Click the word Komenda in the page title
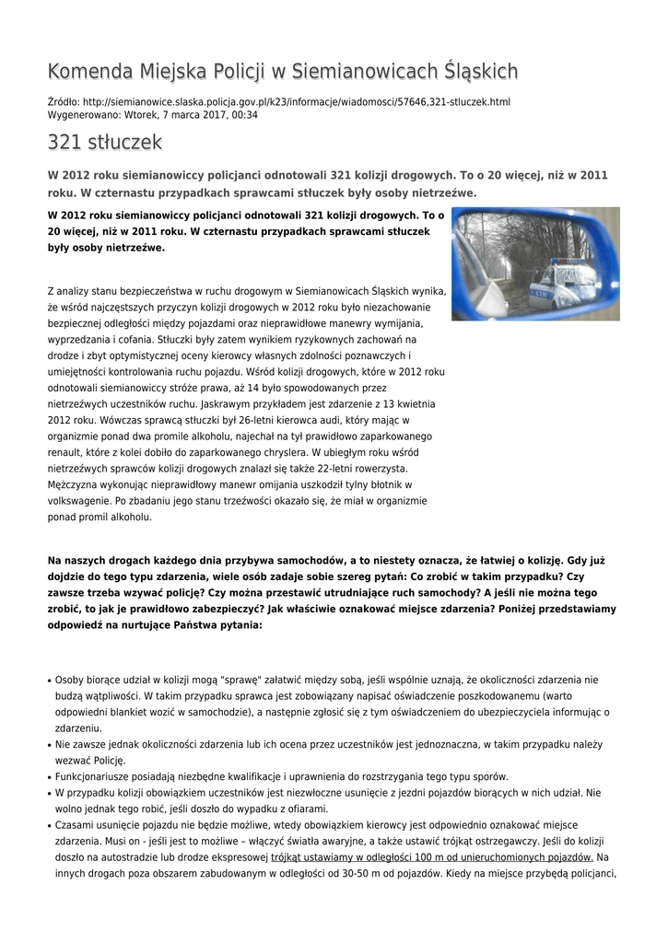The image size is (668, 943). click(88, 71)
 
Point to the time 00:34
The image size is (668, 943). click(245, 115)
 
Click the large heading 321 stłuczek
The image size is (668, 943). click(105, 143)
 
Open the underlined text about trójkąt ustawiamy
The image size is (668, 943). click(431, 857)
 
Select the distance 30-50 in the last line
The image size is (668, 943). click(331, 873)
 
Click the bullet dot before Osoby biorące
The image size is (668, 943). click(49, 681)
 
